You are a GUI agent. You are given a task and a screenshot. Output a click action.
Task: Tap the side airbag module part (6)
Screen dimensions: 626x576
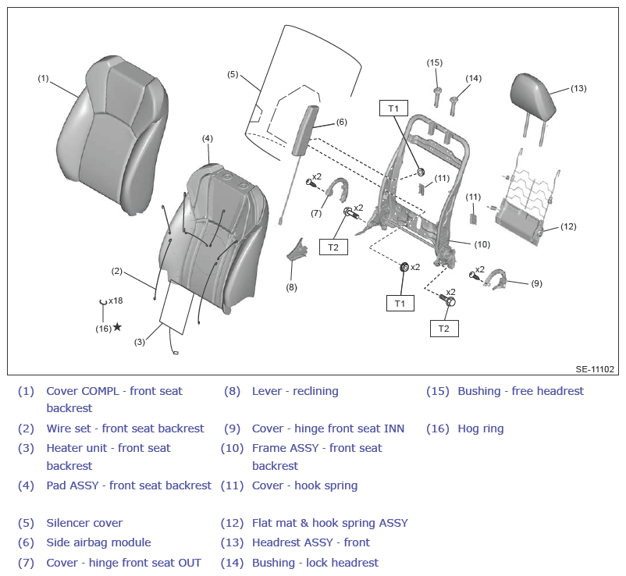point(306,130)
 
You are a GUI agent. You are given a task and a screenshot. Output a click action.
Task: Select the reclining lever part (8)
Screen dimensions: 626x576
point(297,250)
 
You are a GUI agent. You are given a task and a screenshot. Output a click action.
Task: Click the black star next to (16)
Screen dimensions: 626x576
point(117,327)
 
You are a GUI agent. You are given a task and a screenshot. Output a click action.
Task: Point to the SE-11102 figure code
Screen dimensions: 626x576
point(595,369)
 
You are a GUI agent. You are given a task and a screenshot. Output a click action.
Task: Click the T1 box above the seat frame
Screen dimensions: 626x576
point(393,108)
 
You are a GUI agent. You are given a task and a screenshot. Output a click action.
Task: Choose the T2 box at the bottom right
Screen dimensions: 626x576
point(444,329)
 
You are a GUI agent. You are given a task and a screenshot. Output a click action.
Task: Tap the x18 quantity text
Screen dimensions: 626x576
point(116,300)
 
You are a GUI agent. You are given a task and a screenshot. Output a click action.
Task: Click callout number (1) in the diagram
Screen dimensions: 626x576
point(43,78)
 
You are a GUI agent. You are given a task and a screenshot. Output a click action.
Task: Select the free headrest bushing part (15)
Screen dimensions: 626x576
point(437,97)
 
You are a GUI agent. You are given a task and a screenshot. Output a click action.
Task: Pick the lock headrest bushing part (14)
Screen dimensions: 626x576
point(453,106)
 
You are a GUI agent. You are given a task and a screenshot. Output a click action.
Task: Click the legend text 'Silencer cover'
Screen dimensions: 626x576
point(84,522)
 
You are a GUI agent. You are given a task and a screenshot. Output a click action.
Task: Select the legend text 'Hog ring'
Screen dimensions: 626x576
point(481,428)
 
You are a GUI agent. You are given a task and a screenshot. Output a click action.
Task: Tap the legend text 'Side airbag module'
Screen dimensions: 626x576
point(98,542)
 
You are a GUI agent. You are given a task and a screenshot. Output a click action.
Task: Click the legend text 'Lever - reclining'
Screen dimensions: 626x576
point(295,391)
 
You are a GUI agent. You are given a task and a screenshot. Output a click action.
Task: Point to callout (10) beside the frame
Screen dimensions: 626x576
point(482,244)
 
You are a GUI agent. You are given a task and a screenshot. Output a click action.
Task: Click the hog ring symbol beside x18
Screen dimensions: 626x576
point(103,302)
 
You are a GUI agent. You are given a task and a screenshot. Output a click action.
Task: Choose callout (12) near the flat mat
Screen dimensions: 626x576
point(568,226)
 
